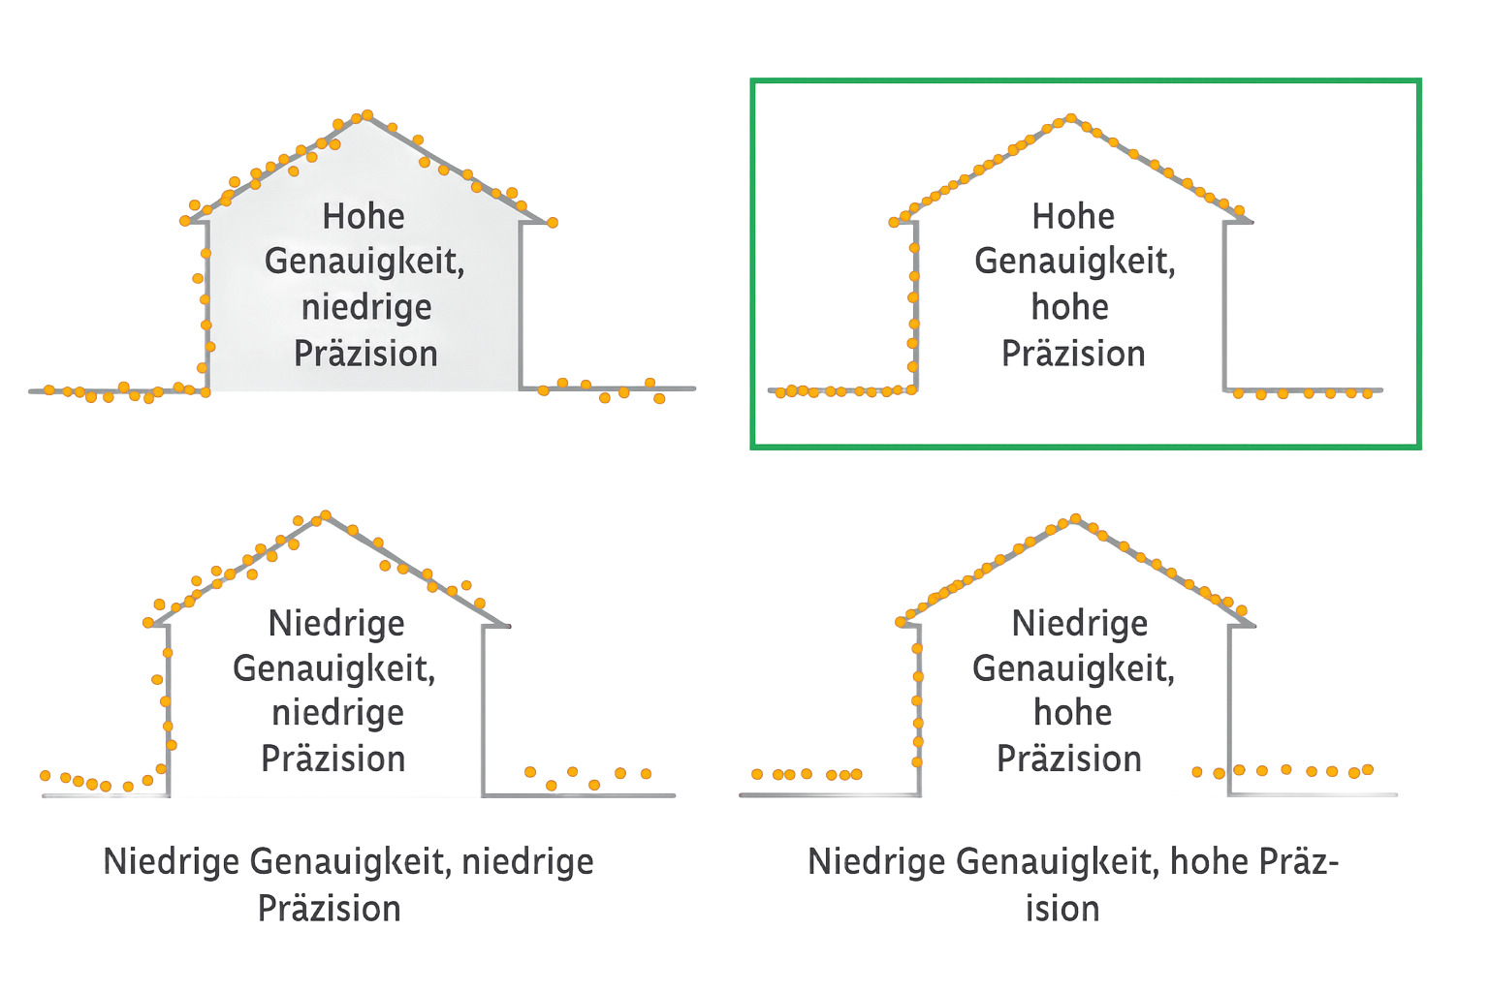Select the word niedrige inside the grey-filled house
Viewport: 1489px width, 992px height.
(365, 308)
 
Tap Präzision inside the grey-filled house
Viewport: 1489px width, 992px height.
(365, 354)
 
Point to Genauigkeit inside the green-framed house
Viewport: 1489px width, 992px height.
(1075, 262)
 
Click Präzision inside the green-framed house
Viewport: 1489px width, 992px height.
(1073, 354)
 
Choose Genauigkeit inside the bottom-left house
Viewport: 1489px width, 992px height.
(333, 668)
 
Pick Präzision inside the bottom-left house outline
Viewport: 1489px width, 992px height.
(333, 759)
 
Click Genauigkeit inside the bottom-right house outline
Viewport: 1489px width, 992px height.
(1073, 668)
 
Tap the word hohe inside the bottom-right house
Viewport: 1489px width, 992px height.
(1071, 714)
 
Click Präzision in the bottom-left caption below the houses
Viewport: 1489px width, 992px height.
(330, 909)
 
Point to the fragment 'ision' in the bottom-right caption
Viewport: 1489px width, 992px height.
(1063, 909)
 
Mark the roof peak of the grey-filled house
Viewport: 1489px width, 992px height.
(366, 115)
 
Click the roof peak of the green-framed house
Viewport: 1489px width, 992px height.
(1069, 120)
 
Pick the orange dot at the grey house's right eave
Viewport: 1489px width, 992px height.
(554, 223)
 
